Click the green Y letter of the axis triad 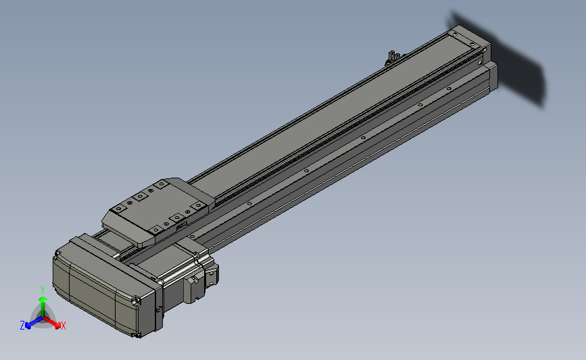tap(43, 290)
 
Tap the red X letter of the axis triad tap(63, 326)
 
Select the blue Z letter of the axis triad tap(22, 326)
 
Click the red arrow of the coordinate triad tap(52, 322)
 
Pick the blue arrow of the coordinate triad tap(34, 323)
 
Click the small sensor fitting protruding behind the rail tap(392, 57)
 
